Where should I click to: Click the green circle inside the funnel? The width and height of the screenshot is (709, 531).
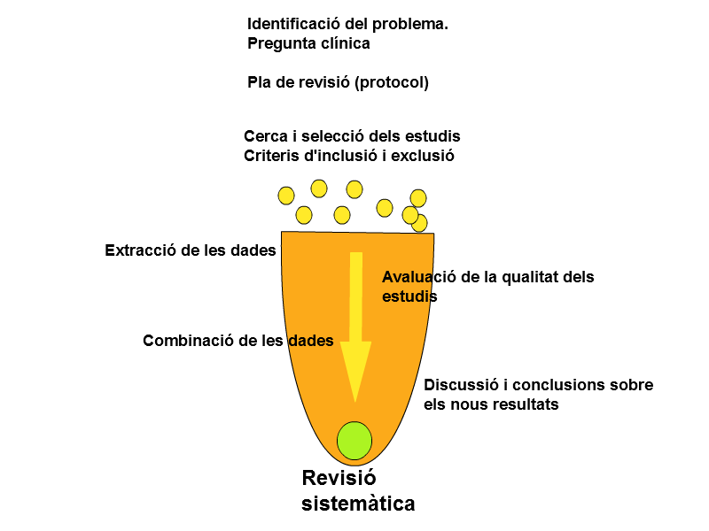pyautogui.click(x=354, y=441)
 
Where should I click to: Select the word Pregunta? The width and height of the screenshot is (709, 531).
pyautogui.click(x=281, y=42)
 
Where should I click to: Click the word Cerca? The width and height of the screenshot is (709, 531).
pyautogui.click(x=264, y=136)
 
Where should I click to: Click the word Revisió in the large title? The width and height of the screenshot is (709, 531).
pyautogui.click(x=333, y=478)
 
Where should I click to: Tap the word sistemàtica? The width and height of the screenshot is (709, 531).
pyautogui.click(x=358, y=504)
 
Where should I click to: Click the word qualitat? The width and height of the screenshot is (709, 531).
pyautogui.click(x=534, y=277)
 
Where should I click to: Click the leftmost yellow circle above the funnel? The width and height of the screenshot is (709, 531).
pyautogui.click(x=286, y=196)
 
